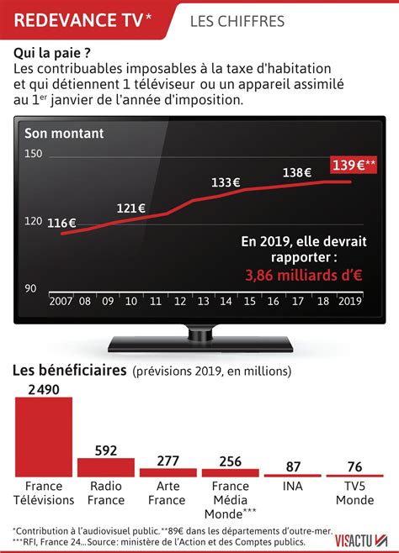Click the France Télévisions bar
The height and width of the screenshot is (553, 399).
point(44,437)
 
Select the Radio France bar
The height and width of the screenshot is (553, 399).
point(99,468)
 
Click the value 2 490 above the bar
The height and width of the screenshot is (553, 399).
point(44,388)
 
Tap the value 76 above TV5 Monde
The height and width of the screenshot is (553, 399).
point(354,466)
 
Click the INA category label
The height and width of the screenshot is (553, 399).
point(293,487)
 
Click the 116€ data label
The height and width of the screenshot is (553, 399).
point(61,223)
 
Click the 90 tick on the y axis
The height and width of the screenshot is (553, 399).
point(31,288)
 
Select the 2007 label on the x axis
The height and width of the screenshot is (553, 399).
point(61,301)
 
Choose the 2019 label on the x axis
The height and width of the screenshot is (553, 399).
point(349,301)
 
